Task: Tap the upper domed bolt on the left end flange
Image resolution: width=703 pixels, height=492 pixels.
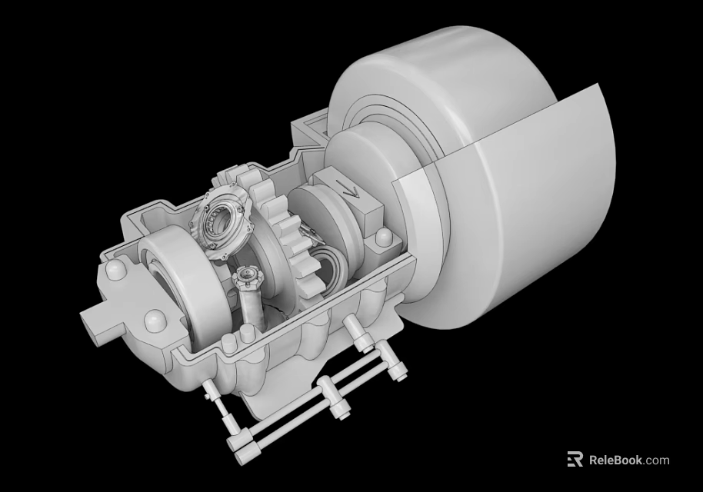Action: coord(116,271)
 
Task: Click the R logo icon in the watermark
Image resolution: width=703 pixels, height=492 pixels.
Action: coord(575,460)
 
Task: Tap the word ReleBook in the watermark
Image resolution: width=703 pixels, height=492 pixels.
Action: coord(616,460)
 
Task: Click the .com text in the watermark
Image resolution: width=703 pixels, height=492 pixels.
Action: coord(657,460)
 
